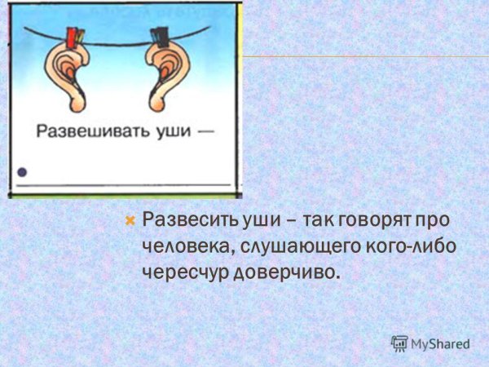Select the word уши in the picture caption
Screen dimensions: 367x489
tap(174, 131)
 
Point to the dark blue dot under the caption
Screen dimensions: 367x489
tap(22, 172)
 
